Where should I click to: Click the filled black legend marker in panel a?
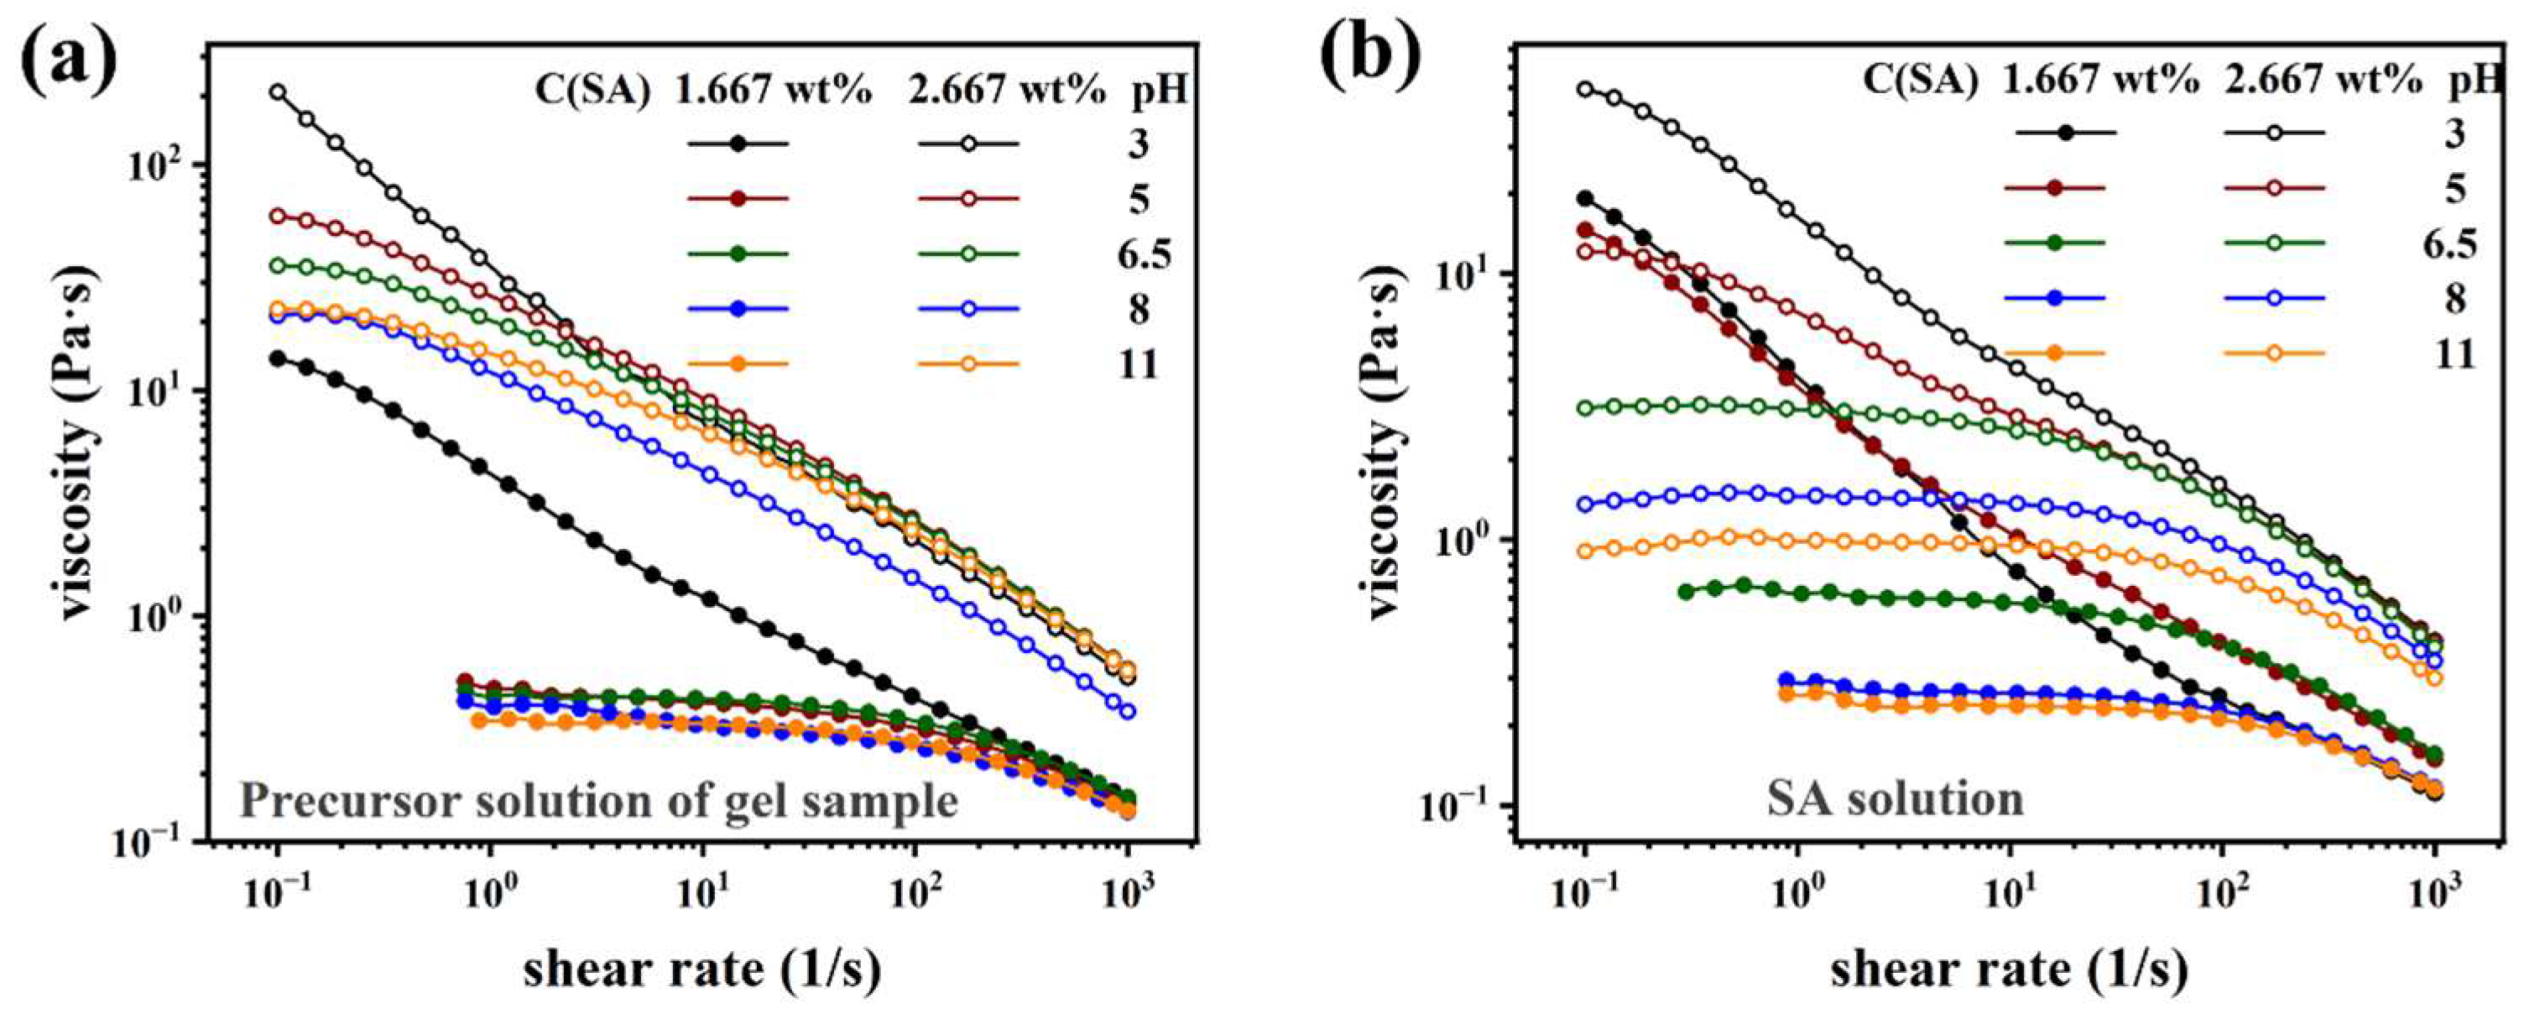(x=738, y=144)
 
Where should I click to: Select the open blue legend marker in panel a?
(x=969, y=309)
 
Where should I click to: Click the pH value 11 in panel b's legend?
(x=2452, y=353)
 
